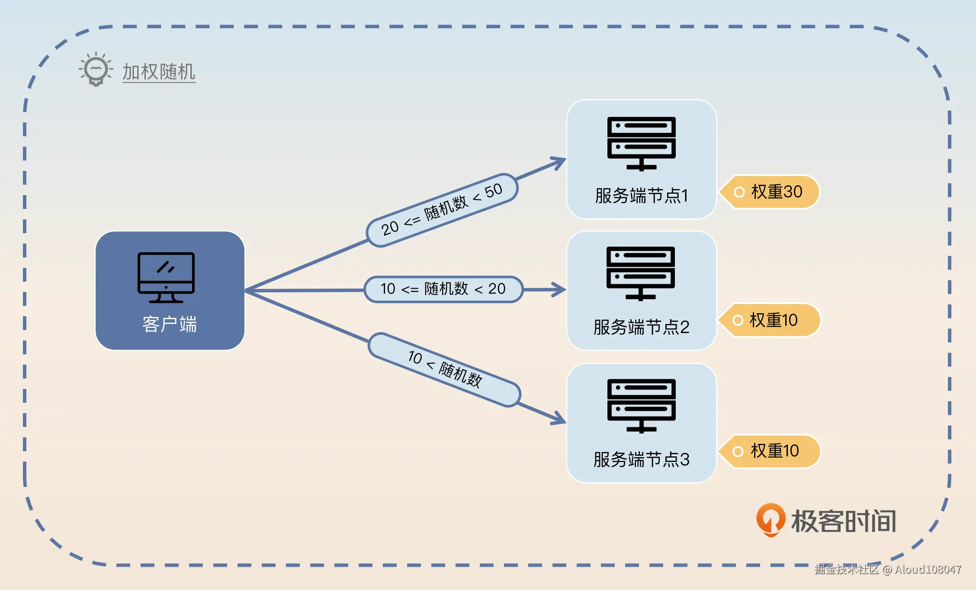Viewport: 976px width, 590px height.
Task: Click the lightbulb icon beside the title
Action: [96, 70]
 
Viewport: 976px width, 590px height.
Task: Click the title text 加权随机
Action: [159, 72]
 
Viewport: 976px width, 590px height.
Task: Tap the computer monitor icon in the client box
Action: [166, 277]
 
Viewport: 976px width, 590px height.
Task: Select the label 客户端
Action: [170, 324]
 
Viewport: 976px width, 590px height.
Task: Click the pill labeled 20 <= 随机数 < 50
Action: [442, 210]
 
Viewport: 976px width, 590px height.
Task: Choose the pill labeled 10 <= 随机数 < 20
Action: [443, 289]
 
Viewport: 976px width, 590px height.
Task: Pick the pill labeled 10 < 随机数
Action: [444, 370]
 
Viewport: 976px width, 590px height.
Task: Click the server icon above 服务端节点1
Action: [641, 144]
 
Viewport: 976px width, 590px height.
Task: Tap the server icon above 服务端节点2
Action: [641, 273]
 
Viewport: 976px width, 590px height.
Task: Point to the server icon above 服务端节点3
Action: [641, 406]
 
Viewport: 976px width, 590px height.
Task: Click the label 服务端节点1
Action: [641, 196]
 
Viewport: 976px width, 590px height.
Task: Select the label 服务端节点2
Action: [641, 327]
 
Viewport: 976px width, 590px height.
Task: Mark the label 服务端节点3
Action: [641, 459]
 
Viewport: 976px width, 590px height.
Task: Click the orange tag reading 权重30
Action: [770, 192]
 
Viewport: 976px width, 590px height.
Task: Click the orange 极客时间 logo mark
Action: [771, 519]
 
